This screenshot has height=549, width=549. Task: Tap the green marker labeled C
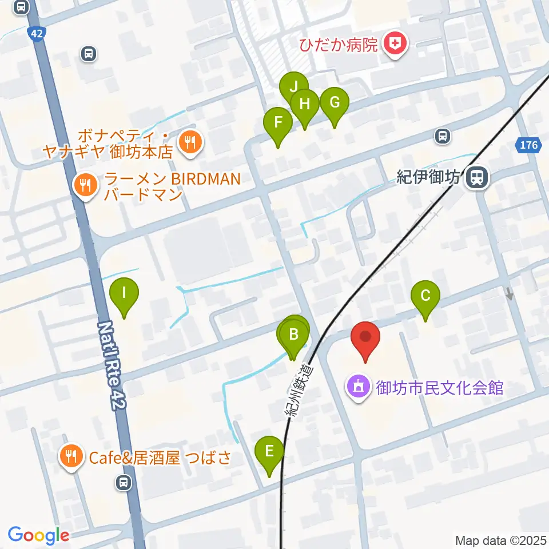click(x=425, y=297)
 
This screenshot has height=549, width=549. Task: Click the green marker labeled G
click(x=334, y=104)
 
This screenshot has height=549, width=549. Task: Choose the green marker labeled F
click(x=278, y=123)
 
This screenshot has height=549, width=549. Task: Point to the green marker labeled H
click(x=305, y=105)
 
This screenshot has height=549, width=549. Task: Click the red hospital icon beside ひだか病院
click(x=394, y=43)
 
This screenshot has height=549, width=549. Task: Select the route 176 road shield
click(x=529, y=145)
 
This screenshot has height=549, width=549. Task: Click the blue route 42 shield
click(x=37, y=34)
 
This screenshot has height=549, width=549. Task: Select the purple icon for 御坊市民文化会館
click(x=359, y=388)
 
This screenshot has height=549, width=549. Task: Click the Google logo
click(x=38, y=535)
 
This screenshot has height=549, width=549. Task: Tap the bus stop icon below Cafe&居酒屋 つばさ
click(x=122, y=483)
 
